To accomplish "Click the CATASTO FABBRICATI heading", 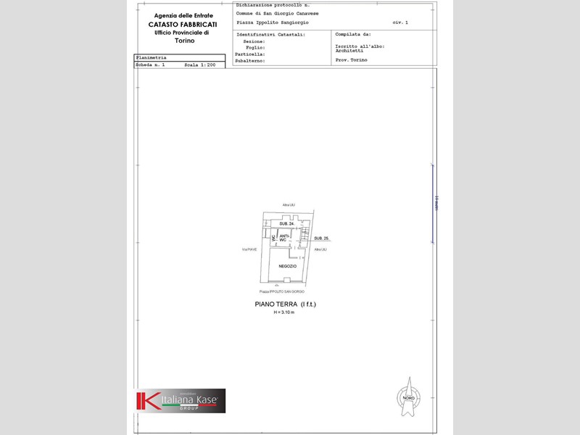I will tap(182, 24).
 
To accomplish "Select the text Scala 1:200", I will tap(199, 65).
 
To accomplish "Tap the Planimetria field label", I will tap(151, 57).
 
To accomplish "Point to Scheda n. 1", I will tap(150, 65).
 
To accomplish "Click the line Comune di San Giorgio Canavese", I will tap(277, 14).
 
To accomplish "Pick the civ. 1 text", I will tap(400, 22).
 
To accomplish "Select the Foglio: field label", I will tap(255, 48).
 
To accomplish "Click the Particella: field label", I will tap(250, 54).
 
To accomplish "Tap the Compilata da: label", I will tap(353, 34).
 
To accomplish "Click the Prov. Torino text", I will tap(351, 59).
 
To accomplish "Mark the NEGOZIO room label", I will tap(288, 266).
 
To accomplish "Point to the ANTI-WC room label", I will tap(284, 237).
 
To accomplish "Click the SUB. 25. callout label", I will tap(322, 238).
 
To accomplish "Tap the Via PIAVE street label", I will tap(249, 249).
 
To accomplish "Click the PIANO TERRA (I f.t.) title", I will tap(285, 304).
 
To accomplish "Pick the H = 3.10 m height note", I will tap(284, 312).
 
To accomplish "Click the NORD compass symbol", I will tap(407, 396).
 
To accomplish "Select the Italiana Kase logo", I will tap(180, 400).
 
